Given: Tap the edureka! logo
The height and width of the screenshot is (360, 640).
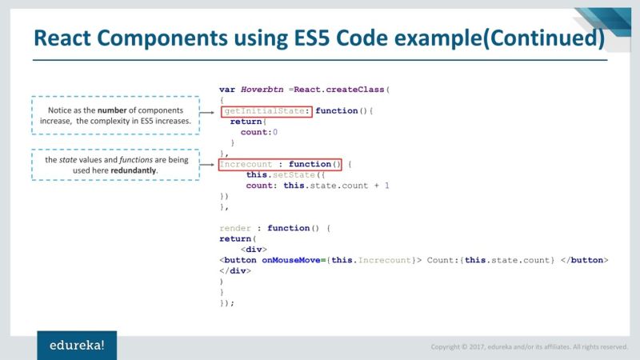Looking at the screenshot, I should tap(77, 345).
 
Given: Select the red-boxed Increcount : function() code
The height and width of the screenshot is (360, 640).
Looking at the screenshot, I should tap(280, 164).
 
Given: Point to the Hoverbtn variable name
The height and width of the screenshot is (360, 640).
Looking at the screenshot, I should tap(262, 90).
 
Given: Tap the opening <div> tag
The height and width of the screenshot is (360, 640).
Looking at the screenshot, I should tap(254, 250).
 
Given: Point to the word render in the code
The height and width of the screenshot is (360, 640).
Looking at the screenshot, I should tap(235, 228).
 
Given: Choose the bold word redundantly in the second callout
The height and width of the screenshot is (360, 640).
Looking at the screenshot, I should tap(134, 170).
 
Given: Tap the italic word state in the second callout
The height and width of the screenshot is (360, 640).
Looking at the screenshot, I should tap(68, 160).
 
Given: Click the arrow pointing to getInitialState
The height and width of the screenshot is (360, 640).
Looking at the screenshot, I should tap(210, 114).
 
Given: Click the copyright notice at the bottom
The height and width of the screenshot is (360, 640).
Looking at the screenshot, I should tap(529, 346).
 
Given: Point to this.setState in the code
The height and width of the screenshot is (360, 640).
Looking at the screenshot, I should tap(274, 174).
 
